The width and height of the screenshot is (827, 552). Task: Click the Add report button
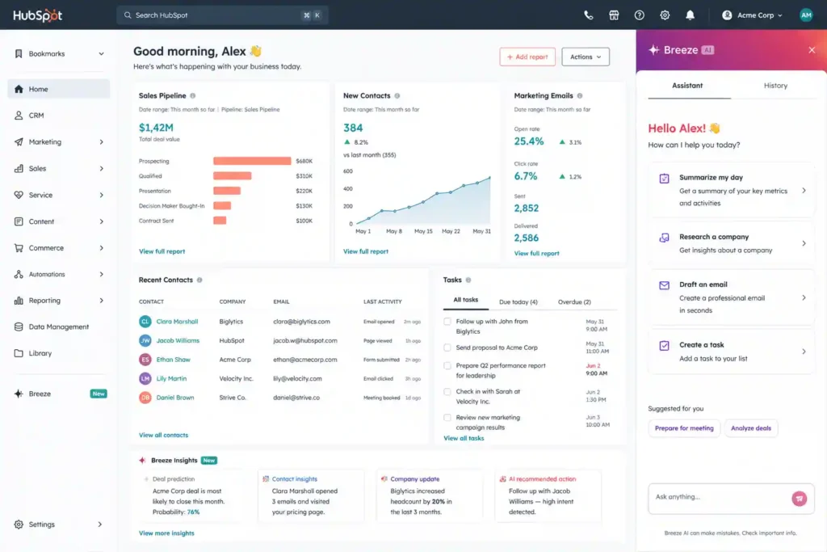tap(527, 57)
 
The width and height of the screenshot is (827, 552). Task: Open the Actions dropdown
tap(586, 57)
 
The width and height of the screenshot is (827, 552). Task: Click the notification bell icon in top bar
tap(690, 15)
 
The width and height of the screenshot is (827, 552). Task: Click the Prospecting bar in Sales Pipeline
tap(252, 161)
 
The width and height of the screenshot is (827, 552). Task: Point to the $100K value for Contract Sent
tap(304, 221)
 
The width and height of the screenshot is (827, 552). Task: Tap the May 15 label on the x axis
tap(423, 231)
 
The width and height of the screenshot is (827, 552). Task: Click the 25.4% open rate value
tap(528, 141)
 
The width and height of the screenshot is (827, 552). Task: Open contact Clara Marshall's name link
tap(177, 322)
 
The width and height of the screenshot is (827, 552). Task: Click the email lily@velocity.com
tap(297, 378)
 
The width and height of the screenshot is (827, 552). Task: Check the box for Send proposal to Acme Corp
tap(447, 348)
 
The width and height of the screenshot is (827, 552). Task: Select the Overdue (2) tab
tap(574, 301)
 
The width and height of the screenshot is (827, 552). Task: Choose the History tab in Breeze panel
tap(775, 86)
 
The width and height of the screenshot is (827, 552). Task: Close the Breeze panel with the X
tap(812, 50)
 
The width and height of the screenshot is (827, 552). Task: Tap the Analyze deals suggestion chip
tap(750, 428)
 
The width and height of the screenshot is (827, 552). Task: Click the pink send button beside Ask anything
tap(799, 498)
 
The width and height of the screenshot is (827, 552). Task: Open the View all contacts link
tap(163, 435)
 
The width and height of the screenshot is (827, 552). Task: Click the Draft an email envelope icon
tap(664, 285)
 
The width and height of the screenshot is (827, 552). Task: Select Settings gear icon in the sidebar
tap(19, 524)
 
